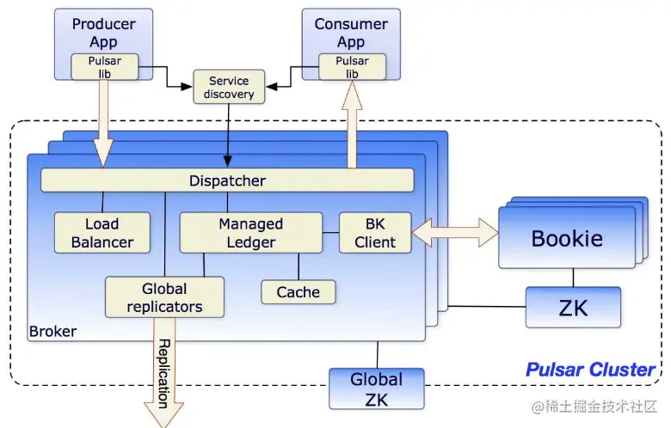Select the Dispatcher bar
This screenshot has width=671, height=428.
[227, 180]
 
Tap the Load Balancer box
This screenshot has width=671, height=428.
[102, 232]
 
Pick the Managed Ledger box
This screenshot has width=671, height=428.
[250, 232]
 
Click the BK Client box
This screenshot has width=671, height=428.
[375, 232]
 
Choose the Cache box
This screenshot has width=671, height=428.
[298, 292]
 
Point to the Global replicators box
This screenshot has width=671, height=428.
[164, 297]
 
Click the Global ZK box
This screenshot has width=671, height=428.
[376, 388]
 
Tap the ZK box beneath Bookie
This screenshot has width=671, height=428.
[573, 307]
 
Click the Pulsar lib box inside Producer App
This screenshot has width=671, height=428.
[106, 67]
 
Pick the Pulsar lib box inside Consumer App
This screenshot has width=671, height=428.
[352, 67]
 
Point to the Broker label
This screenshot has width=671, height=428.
[52, 331]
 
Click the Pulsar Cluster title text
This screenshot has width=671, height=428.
[590, 370]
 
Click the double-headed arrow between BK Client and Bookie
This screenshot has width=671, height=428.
[455, 231]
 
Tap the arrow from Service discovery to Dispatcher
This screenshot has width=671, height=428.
[228, 133]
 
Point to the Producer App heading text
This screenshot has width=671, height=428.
[104, 32]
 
